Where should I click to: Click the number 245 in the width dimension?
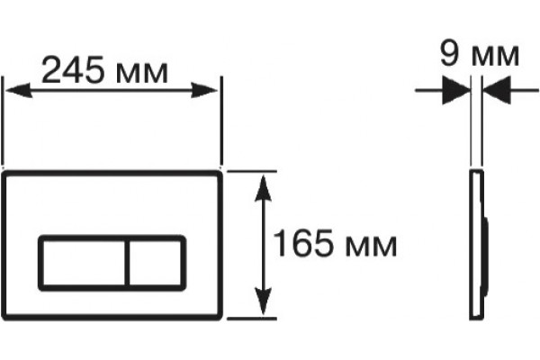coord(72,69)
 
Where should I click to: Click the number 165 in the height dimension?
coord(303,243)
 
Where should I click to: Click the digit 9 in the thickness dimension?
coord(451,54)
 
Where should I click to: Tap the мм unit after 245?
coord(142,74)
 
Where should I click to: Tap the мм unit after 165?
coord(371,247)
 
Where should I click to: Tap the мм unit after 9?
coord(495,56)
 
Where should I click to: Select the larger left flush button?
coord(83,263)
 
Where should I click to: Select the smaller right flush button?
coord(156,263)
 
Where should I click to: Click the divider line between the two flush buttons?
coord(127,263)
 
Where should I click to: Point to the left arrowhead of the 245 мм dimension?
coord(19,90)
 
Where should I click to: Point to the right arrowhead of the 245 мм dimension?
coord(204,90)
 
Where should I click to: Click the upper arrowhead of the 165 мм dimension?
coord(264,188)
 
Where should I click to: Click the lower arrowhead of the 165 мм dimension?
coord(264,301)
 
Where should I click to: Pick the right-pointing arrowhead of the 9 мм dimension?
coord(456,90)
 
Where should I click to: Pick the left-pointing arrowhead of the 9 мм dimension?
coord(497,90)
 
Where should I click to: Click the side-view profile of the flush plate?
coord(479,245)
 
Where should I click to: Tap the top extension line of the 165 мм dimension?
coord(252,171)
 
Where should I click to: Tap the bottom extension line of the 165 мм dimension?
coord(252,319)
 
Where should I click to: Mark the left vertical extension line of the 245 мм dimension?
coord(3,121)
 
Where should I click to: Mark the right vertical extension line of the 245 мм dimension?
coord(221,121)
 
